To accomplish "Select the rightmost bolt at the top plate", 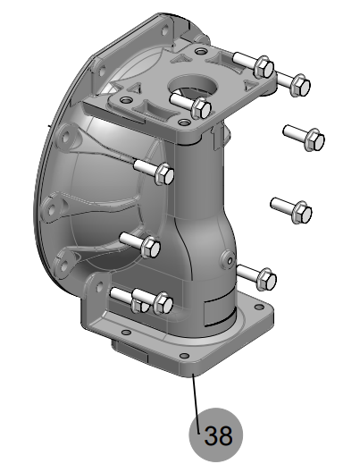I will point(301,84).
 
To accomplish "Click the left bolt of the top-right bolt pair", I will point(263,66).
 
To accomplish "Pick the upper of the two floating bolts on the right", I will point(314,139).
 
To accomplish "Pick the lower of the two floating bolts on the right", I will point(302,211).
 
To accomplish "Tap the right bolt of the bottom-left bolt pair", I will point(162,303).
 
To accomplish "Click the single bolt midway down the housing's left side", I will point(150,245).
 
